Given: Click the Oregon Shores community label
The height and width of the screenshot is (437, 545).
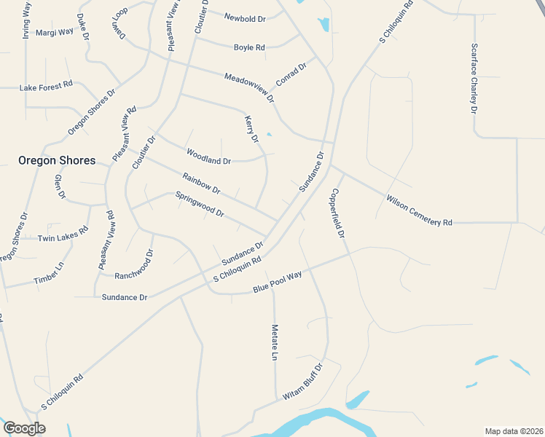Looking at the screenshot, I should coord(57,160).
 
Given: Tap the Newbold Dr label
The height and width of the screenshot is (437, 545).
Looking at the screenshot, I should coord(245,17).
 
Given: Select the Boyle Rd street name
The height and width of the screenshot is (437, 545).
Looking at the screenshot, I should coord(249,47).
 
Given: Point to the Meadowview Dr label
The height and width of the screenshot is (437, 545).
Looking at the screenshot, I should coord(249,87).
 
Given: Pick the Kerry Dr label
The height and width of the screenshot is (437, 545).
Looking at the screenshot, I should coord(252,128).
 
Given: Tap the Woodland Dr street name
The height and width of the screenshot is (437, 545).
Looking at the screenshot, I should coord(208,157).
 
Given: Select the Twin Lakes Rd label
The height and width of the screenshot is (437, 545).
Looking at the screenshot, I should coord(63,238).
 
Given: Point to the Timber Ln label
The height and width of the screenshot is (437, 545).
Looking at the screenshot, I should coord(49,273).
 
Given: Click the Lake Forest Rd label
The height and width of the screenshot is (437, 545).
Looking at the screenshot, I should coord(46,87).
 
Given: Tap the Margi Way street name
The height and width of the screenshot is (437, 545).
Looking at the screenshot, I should coord(55,32).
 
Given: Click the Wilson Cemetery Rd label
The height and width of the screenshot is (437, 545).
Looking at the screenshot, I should coord(419,210).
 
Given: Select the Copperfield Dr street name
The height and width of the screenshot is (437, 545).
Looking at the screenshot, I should coord(337,213).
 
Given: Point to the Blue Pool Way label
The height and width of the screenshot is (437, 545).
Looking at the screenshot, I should coord(277,282).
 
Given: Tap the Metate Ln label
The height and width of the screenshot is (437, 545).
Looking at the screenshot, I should coord(275,342).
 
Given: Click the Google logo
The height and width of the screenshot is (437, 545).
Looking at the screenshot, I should coord(24,428).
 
